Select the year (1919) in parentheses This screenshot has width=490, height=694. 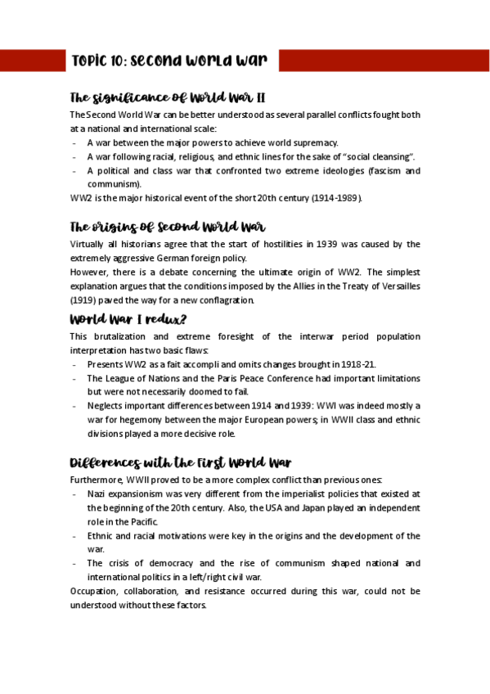83,300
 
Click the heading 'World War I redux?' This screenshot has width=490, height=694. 133,318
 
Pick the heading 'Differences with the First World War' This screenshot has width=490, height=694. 181,462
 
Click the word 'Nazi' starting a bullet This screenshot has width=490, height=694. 97,494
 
